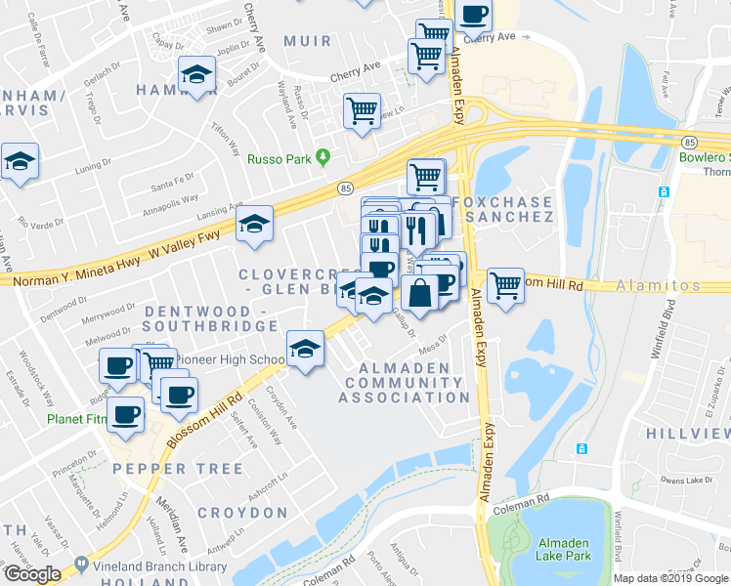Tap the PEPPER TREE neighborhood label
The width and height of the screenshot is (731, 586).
tap(177, 469)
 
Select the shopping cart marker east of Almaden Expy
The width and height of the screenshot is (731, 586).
tap(505, 286)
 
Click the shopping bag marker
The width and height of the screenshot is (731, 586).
tap(419, 292)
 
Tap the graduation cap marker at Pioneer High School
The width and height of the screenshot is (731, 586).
tap(305, 348)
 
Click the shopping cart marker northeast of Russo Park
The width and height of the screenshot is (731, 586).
tap(363, 110)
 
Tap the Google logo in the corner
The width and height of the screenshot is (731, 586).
tap(32, 574)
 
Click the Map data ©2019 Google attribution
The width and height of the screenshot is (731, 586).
tap(670, 578)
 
